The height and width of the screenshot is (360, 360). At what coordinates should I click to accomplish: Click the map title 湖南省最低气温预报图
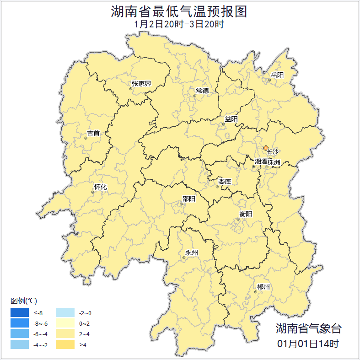tap(179, 11)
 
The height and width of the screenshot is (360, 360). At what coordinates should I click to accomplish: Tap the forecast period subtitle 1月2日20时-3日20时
tap(179, 24)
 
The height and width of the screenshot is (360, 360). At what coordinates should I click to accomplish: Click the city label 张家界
tap(141, 84)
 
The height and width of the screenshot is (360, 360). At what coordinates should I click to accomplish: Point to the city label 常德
tap(202, 91)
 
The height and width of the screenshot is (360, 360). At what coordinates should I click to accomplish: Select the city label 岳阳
tap(277, 75)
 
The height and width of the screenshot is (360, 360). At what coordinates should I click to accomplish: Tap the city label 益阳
tap(231, 119)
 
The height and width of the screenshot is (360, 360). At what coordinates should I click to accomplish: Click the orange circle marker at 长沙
tap(266, 148)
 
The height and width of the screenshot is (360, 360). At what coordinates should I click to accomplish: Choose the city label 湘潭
tap(261, 162)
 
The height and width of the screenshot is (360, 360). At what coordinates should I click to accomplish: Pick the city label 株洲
tap(274, 162)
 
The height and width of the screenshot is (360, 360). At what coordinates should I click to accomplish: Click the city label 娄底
tap(224, 182)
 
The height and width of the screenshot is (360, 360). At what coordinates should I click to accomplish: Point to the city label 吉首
tap(93, 134)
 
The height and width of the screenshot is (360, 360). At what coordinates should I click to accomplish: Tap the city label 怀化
tap(100, 187)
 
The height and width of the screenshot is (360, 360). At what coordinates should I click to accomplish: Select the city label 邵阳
tap(188, 199)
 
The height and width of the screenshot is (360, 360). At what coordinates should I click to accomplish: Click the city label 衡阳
tap(246, 214)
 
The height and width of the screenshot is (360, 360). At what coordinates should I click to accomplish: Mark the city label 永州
tap(192, 253)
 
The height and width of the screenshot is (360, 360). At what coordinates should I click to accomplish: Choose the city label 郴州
tap(263, 287)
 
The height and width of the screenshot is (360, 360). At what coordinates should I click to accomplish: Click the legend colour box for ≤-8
tap(20, 313)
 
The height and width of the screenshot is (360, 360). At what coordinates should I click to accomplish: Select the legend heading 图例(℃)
tap(24, 301)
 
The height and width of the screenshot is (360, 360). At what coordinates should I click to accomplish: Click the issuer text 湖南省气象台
tap(308, 328)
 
